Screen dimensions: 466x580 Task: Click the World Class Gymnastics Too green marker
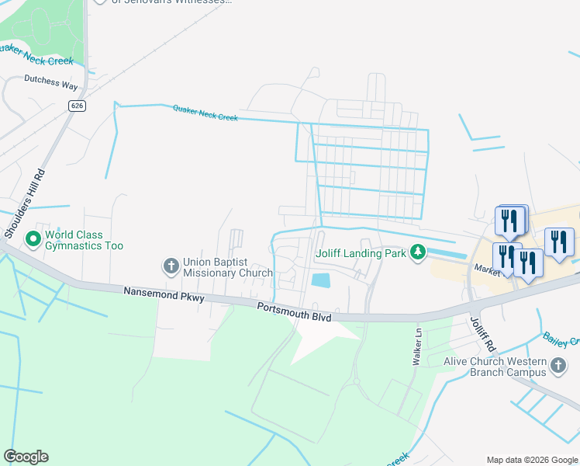pyautogui.click(x=33, y=238)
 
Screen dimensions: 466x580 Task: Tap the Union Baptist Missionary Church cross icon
pyautogui.click(x=171, y=266)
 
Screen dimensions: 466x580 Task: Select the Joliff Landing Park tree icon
pyautogui.click(x=418, y=252)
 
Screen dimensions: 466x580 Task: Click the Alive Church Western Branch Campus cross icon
pyautogui.click(x=558, y=365)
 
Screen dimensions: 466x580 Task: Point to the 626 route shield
pyautogui.click(x=76, y=106)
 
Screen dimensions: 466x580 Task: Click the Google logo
pyautogui.click(x=26, y=457)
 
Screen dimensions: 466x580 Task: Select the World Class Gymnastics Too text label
pyautogui.click(x=84, y=240)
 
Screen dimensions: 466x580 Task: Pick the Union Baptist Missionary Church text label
pyautogui.click(x=227, y=267)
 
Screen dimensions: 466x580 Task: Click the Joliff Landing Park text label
pyautogui.click(x=361, y=252)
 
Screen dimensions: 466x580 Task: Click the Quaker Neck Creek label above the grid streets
pyautogui.click(x=205, y=113)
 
